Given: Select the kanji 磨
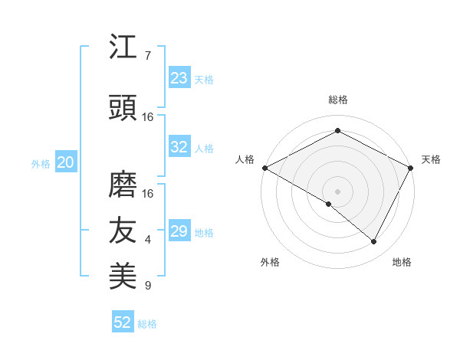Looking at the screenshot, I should tap(123, 184).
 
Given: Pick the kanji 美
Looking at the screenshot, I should tap(123, 275).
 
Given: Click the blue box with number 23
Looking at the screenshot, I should tap(179, 78).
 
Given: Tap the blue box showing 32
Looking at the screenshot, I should tap(179, 147).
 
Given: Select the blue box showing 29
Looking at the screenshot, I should tap(179, 231).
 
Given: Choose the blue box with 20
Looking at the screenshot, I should tap(65, 162).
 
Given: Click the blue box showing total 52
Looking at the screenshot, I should tap(123, 322).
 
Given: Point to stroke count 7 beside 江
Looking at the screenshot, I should tap(147, 56).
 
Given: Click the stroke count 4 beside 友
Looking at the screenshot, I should tap(147, 240).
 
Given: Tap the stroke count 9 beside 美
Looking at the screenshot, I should tap(147, 286).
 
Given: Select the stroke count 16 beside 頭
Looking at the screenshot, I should tap(147, 117).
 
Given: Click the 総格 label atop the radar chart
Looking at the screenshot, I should tap(337, 100).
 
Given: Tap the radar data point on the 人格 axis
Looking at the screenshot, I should tap(264, 168).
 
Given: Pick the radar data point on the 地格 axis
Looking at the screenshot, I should tap(374, 242).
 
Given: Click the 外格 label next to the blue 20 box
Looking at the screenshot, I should tap(41, 163).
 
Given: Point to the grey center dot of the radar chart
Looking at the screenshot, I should tap(337, 191).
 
